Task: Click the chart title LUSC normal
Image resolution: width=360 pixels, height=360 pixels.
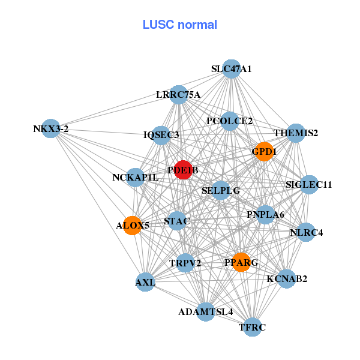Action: (x=179, y=25)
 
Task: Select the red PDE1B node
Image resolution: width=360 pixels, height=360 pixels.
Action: (x=183, y=170)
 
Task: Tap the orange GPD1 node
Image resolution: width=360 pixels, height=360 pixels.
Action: (x=264, y=152)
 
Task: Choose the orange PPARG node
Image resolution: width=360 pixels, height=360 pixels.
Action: (x=241, y=262)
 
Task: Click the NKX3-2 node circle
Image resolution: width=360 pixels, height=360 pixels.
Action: (x=51, y=128)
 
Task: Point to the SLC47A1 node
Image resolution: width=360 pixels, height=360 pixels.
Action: (x=231, y=69)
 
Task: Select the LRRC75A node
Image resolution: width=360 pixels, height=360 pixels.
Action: (x=178, y=94)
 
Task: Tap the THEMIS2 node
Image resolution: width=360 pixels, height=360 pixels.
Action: (x=295, y=133)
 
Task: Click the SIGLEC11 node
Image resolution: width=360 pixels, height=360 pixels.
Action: (x=308, y=184)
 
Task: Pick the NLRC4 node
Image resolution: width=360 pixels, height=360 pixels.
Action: (x=306, y=232)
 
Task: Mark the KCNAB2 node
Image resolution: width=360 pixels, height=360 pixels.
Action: (x=286, y=278)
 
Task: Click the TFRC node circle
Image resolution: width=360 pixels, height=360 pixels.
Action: (x=253, y=327)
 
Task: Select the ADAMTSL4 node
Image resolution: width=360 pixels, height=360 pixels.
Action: (x=205, y=311)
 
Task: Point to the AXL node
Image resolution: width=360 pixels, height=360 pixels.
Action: (x=145, y=282)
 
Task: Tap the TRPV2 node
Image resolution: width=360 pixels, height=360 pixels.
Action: (x=185, y=262)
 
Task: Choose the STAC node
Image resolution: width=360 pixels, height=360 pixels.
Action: (x=177, y=221)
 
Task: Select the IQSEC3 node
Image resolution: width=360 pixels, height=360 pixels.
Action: (x=161, y=135)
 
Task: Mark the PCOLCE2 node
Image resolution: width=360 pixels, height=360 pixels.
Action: (x=229, y=121)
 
